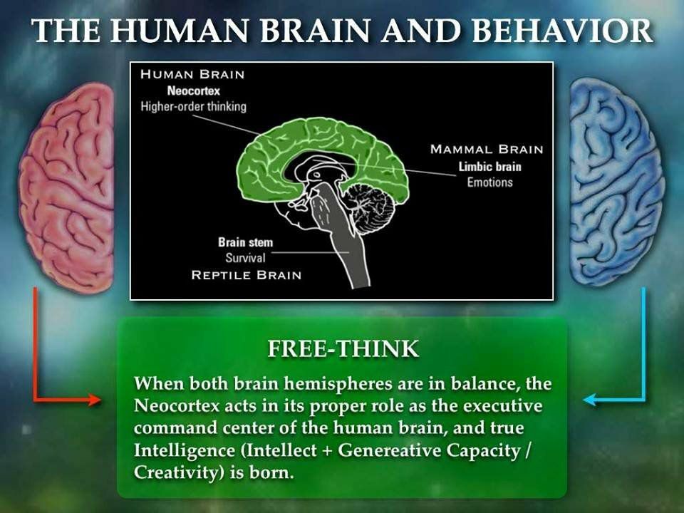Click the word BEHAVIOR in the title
[562, 31]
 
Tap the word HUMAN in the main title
[180, 31]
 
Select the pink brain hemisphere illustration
[66, 187]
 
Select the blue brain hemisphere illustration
[618, 182]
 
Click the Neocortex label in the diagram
[194, 90]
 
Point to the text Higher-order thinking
[193, 106]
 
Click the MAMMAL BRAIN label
[487, 149]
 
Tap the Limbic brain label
[490, 167]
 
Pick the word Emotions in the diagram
[490, 182]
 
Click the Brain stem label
[246, 242]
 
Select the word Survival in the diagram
[245, 258]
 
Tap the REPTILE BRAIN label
[247, 275]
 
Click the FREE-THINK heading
[343, 348]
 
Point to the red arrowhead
[94, 399]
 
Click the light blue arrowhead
[590, 399]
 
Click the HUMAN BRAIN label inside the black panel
[192, 74]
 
